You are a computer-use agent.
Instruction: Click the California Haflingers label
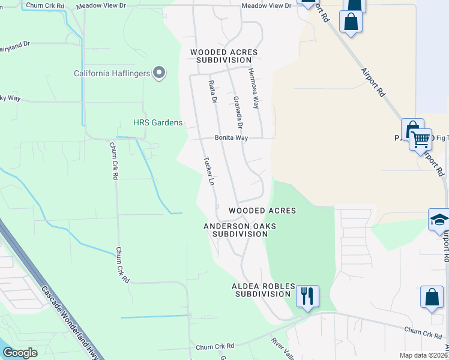112,74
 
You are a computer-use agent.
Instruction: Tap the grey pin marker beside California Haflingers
159,73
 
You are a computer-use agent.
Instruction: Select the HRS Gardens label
157,123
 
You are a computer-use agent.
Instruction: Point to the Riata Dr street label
212,91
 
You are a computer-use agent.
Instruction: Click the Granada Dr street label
237,112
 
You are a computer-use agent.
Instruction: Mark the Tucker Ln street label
209,171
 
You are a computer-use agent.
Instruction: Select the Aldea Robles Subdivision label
261,290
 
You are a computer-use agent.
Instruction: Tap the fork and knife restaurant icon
307,296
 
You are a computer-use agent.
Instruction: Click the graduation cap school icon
439,220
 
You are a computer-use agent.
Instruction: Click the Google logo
20,353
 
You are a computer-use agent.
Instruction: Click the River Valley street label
282,349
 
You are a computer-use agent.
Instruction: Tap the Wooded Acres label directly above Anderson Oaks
262,211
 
